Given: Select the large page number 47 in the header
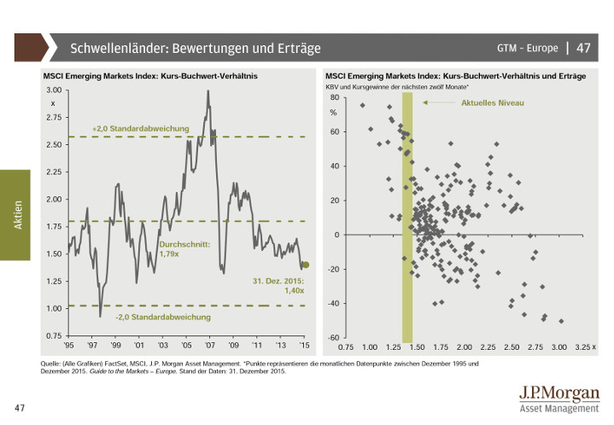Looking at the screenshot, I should point(584,47).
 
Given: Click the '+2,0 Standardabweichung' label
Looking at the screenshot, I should point(140,128).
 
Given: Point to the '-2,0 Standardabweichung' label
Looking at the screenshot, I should point(163,317).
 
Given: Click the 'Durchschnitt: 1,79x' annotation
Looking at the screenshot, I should point(178,248).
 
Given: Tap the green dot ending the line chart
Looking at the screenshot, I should point(307,265).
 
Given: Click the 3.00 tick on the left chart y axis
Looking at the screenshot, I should point(53,90).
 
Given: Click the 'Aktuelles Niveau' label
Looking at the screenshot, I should point(492,103).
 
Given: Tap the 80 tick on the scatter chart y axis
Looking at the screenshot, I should point(334,98).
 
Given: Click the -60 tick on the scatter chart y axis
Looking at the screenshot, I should point(333,338).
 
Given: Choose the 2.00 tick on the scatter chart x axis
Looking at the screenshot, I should point(464,348).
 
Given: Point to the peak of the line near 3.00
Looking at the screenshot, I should point(208,91).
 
